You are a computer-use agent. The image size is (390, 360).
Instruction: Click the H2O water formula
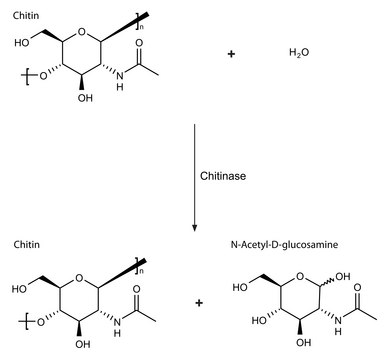pyautogui.click(x=299, y=53)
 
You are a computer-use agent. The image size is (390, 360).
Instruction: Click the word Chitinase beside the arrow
pyautogui.click(x=223, y=176)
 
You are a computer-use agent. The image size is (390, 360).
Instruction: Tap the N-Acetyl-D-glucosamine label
pyautogui.click(x=284, y=245)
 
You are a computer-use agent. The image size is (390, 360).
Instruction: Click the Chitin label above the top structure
pyautogui.click(x=26, y=15)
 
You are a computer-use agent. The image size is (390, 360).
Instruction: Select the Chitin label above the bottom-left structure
pyautogui.click(x=26, y=245)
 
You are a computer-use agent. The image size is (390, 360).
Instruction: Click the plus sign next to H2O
pyautogui.click(x=231, y=53)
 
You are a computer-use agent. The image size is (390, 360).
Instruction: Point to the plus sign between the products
pyautogui.click(x=199, y=303)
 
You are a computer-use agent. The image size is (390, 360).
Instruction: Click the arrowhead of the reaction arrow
pyautogui.click(x=195, y=228)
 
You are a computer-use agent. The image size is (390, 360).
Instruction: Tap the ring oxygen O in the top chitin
pyautogui.click(x=81, y=32)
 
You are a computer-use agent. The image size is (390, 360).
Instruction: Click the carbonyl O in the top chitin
pyautogui.click(x=139, y=43)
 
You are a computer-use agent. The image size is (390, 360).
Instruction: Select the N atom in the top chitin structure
pyautogui.click(x=120, y=76)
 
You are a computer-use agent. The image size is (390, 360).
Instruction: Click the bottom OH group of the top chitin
pyautogui.click(x=85, y=98)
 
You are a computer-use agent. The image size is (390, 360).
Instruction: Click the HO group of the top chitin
pyautogui.click(x=22, y=42)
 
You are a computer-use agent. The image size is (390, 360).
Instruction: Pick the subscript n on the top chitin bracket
pyautogui.click(x=141, y=27)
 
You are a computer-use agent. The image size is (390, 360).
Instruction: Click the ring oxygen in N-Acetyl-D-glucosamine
pyautogui.click(x=301, y=276)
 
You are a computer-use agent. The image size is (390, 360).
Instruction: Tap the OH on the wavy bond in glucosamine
pyautogui.click(x=343, y=276)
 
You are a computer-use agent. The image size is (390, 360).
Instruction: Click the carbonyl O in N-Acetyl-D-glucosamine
pyautogui.click(x=358, y=287)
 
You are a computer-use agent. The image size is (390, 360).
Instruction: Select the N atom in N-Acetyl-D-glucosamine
pyautogui.click(x=338, y=321)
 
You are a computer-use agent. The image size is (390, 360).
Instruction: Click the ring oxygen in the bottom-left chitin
pyautogui.click(x=79, y=277)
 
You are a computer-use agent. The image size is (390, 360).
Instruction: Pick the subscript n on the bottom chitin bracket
pyautogui.click(x=141, y=271)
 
